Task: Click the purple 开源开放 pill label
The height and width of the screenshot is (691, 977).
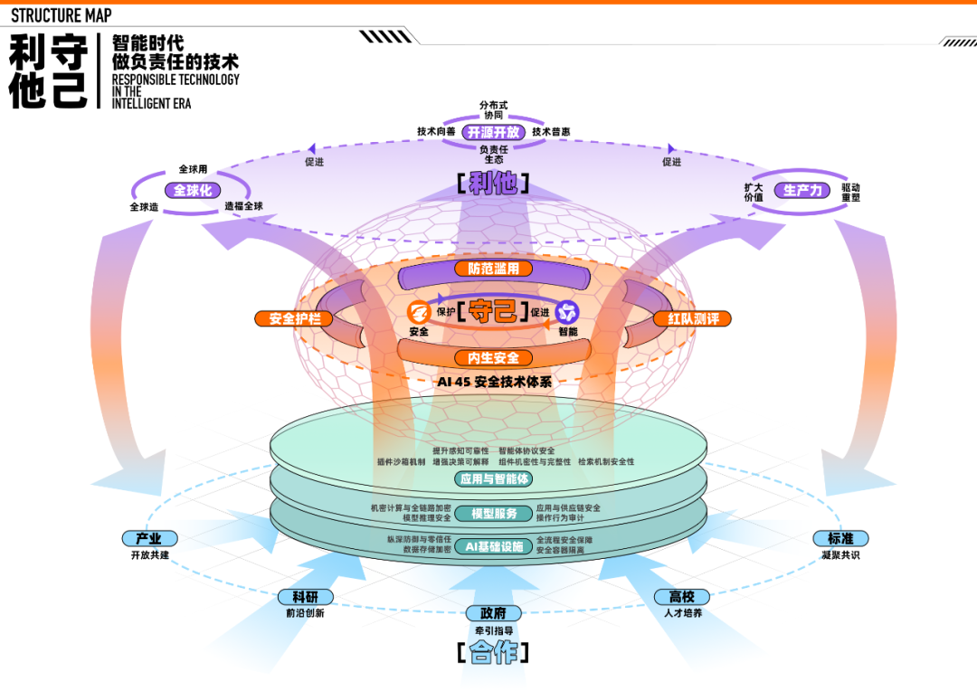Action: pyautogui.click(x=493, y=132)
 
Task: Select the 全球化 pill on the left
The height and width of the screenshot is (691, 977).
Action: pyautogui.click(x=192, y=191)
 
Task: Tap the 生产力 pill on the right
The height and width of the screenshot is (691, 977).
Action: pyautogui.click(x=802, y=191)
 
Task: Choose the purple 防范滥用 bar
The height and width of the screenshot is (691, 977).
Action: pyautogui.click(x=493, y=269)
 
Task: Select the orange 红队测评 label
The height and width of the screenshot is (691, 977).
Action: pyautogui.click(x=693, y=318)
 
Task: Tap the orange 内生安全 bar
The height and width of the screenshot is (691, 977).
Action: pyautogui.click(x=493, y=358)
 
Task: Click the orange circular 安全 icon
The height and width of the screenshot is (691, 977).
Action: pyautogui.click(x=418, y=313)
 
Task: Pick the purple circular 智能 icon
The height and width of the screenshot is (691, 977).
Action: pyautogui.click(x=567, y=313)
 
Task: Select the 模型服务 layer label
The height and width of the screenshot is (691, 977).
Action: pyautogui.click(x=494, y=514)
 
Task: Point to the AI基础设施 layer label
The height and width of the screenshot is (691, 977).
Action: pyautogui.click(x=494, y=546)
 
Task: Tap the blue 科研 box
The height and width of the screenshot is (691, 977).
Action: pyautogui.click(x=305, y=597)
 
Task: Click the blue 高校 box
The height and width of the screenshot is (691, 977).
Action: pyautogui.click(x=682, y=597)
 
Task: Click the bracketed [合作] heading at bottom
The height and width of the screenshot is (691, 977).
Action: pyautogui.click(x=493, y=652)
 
